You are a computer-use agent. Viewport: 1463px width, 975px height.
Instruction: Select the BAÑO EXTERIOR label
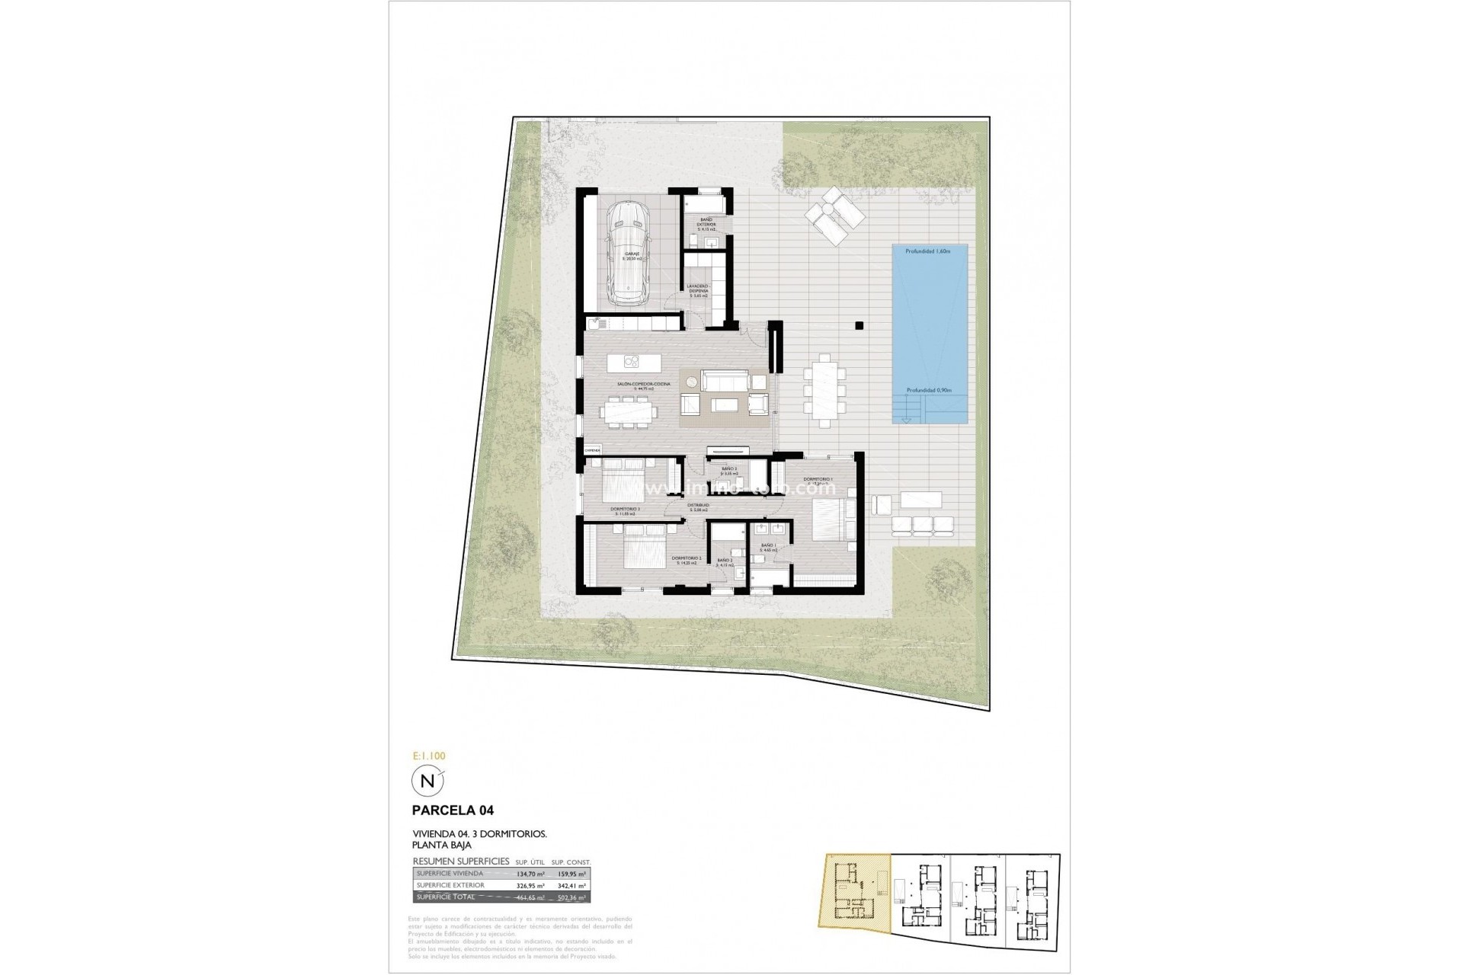point(706,222)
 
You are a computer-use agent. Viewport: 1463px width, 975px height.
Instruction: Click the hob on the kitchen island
point(634,361)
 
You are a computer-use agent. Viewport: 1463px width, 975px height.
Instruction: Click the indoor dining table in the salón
point(629,413)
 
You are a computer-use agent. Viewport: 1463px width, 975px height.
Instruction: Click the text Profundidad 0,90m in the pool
point(929,391)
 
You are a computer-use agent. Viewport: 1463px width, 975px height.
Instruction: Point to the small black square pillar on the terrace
point(859,325)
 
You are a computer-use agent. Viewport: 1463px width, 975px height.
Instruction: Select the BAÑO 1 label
point(768,545)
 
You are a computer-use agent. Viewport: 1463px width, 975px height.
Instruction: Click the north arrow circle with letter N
point(427,781)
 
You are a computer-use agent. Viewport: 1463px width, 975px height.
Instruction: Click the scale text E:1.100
point(428,756)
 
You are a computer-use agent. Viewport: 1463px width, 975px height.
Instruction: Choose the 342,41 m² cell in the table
point(571,886)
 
